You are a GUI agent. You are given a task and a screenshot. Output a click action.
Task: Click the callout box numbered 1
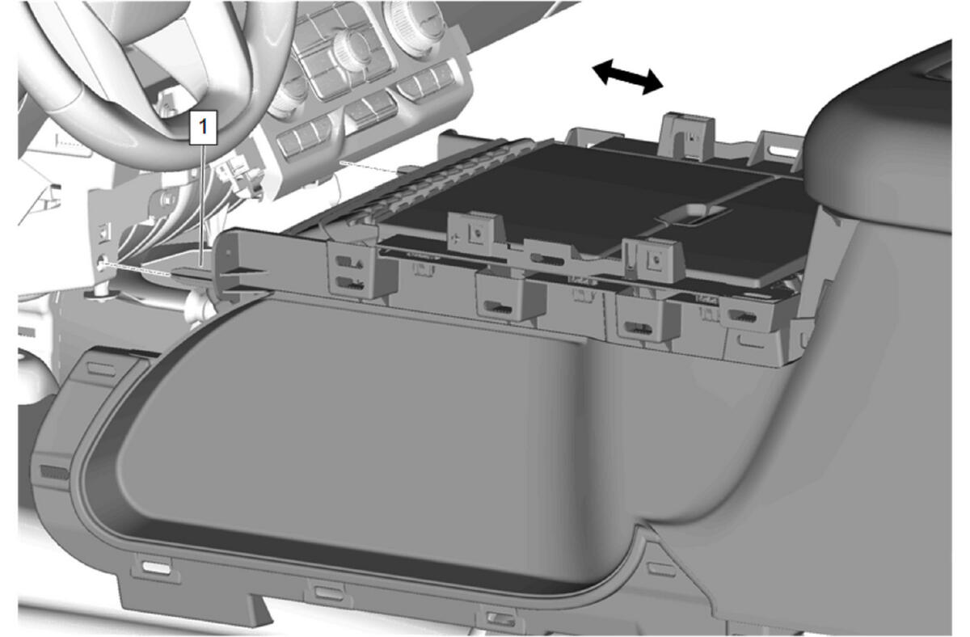pos(203,127)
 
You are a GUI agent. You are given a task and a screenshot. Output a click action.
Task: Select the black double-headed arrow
pos(627,77)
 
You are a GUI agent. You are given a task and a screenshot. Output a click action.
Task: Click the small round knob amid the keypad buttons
pos(352,48)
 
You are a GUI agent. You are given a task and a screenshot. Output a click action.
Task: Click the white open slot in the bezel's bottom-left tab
pos(156,567)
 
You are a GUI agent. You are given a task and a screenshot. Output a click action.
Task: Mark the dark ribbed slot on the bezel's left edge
pos(54,472)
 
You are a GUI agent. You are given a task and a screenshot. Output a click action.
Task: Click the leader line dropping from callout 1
pos(202,205)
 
